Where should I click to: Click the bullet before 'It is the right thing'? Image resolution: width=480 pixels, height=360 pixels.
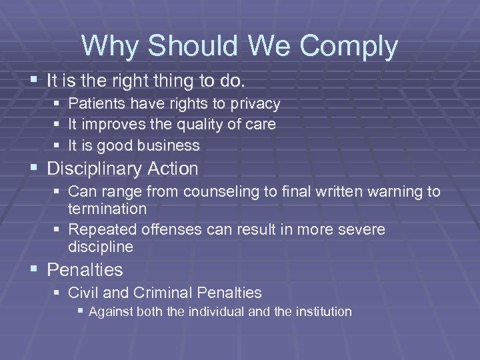click(x=35, y=81)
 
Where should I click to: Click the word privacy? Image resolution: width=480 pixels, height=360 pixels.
click(x=256, y=104)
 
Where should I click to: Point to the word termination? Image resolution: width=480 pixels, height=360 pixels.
click(x=107, y=209)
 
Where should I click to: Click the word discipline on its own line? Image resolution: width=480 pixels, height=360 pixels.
click(x=101, y=247)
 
